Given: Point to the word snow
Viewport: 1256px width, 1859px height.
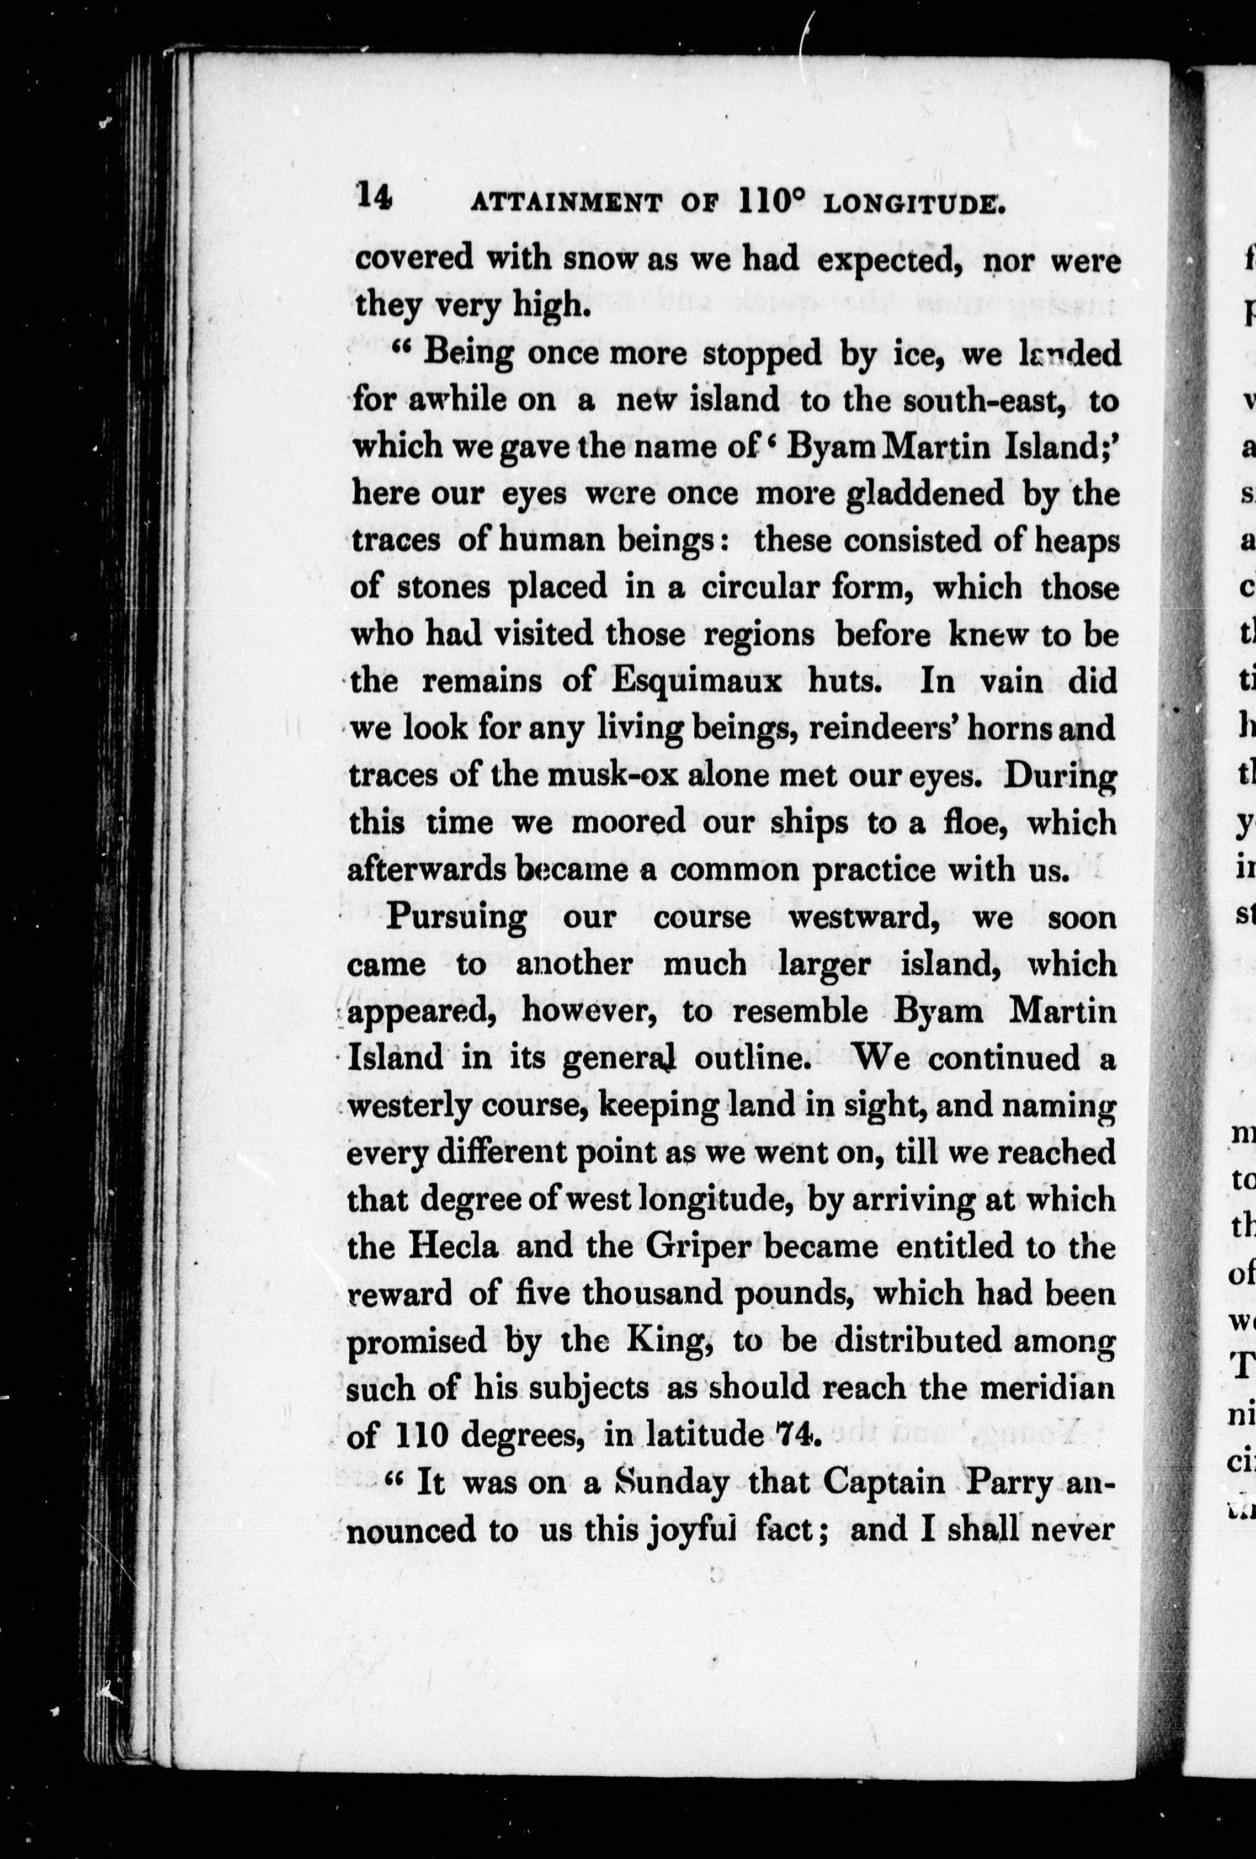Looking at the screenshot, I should [x=603, y=260].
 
